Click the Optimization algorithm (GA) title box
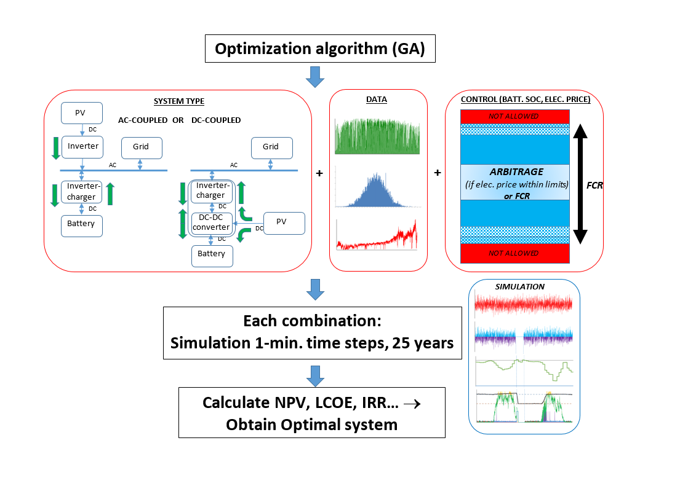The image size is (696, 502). tap(319, 49)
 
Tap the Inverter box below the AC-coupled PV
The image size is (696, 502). tap(82, 146)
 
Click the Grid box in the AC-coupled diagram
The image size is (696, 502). tap(142, 147)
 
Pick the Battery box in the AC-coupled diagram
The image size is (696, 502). tap(81, 225)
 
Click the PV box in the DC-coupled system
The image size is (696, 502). tap(284, 222)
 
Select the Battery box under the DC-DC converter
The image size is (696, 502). tap(212, 255)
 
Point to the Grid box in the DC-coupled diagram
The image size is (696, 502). tap(271, 147)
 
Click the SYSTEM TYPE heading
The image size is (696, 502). tap(178, 101)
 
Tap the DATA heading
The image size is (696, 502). tap(376, 99)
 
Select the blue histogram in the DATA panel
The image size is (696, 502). tap(377, 188)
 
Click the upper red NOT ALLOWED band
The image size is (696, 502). tap(513, 116)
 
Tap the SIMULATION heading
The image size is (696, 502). tap(520, 287)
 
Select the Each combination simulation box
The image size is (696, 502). tap(312, 332)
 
